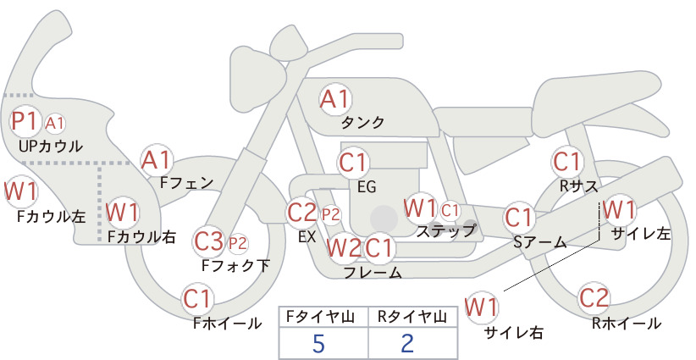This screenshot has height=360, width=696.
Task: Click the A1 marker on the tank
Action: pos(335,100)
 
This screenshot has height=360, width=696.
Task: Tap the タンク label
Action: pos(362,122)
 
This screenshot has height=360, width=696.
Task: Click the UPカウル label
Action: pos(51,146)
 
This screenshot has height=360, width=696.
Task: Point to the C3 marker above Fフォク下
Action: pos(209,241)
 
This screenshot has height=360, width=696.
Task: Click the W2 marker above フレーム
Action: pos(344,247)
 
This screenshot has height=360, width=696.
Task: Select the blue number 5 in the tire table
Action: pos(318,342)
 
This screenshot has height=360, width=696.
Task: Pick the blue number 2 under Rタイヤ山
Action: pos(407,342)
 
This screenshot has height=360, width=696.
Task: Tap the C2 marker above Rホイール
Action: pos(594,298)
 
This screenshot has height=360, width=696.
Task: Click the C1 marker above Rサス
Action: pos(567,162)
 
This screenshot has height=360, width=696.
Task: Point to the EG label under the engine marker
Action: pos(367,187)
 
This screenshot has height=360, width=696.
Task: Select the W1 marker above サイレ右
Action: pos(481,307)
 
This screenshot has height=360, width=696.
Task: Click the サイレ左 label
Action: pos(641,234)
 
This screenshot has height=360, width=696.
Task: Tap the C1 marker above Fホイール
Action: pos(197,299)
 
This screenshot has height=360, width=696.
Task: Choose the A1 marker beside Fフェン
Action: pos(157,160)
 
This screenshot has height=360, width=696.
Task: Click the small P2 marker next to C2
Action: pos(331,215)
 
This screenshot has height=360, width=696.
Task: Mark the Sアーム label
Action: pos(540,242)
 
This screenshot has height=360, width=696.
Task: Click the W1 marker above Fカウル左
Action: pos(20,191)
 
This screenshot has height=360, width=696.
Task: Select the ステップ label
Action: pos(445,231)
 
